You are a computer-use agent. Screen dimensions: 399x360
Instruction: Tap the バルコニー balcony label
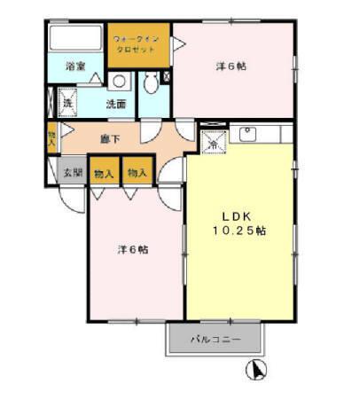[x=215, y=339]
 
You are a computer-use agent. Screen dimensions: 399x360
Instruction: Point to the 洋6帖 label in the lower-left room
[x=132, y=249]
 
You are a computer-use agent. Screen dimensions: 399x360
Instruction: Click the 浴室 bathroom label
[x=75, y=66]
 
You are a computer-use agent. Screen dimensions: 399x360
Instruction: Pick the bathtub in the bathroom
[x=74, y=39]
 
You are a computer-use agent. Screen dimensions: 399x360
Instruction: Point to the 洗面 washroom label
[x=116, y=104]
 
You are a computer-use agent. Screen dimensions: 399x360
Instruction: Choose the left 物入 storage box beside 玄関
[x=104, y=173]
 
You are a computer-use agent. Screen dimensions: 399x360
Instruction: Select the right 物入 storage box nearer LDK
[x=136, y=173]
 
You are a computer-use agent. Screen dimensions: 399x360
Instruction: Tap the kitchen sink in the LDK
[x=247, y=134]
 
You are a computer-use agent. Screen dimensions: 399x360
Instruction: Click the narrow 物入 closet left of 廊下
[x=51, y=137]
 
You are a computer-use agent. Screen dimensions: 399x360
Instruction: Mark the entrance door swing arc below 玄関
[x=69, y=199]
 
